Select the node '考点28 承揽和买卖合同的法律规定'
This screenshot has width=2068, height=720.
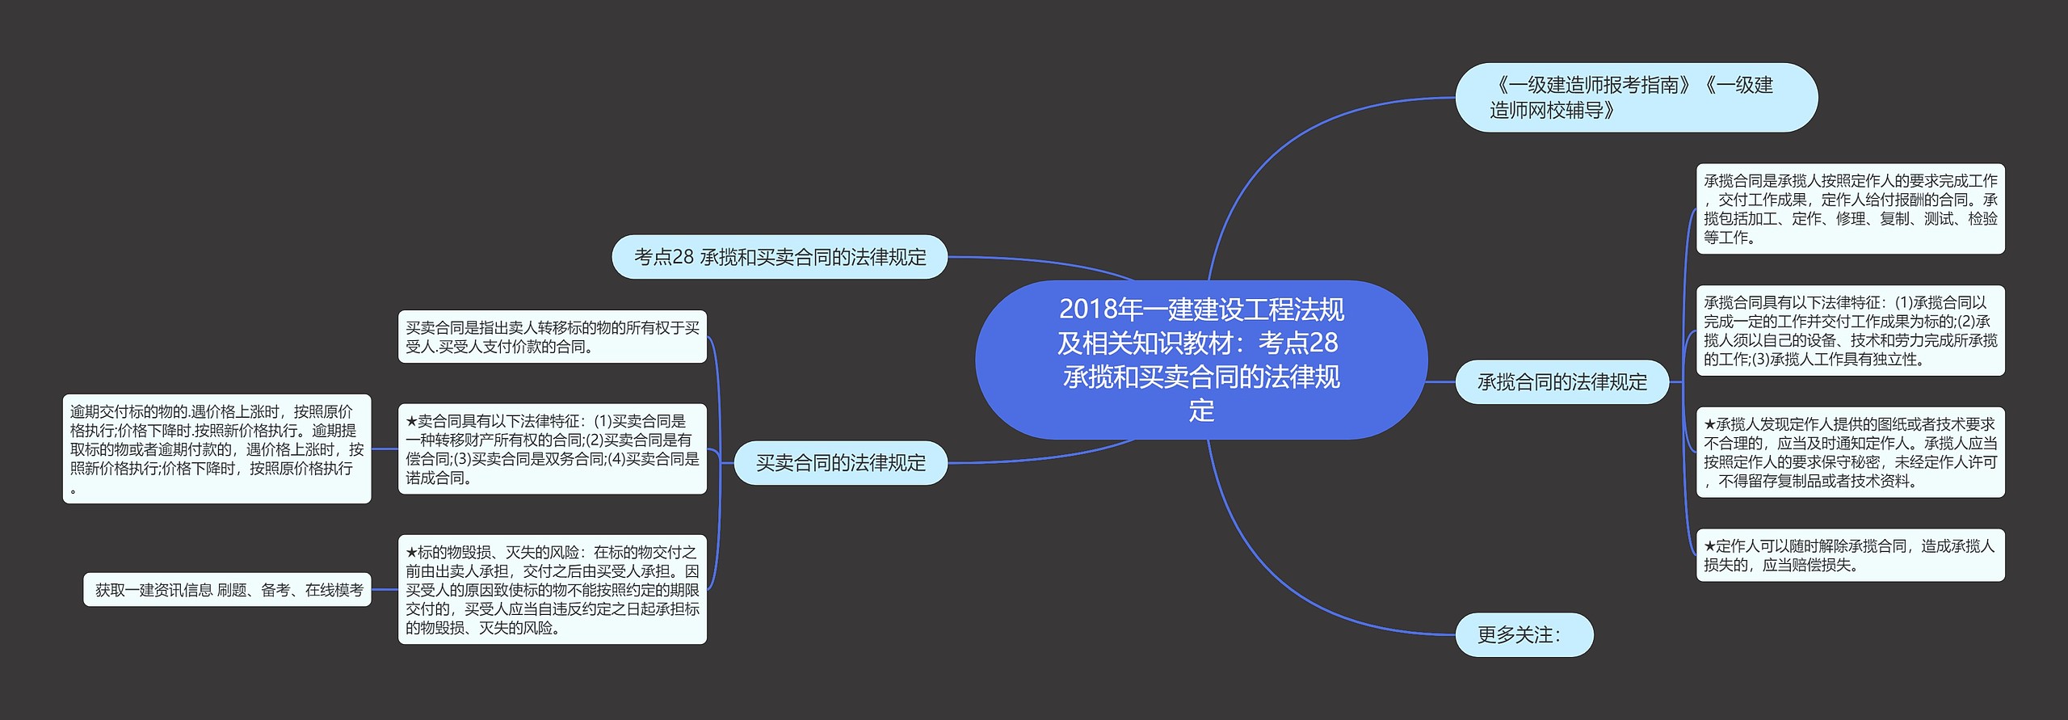[x=780, y=257]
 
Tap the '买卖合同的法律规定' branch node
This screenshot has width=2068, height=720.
[x=840, y=463]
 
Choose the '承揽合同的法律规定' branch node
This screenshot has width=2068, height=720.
[x=1562, y=382]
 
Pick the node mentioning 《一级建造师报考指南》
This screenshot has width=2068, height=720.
[x=1636, y=98]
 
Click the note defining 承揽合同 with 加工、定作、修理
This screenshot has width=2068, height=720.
[x=1850, y=208]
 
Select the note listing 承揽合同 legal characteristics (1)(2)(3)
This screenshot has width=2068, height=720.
[x=1850, y=331]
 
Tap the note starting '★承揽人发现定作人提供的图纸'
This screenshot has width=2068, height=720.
[x=1850, y=453]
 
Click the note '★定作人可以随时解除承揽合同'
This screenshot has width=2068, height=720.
[x=1850, y=555]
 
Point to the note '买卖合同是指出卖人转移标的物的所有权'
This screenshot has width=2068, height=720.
[x=552, y=337]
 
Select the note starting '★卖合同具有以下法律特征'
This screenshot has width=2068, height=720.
[x=552, y=449]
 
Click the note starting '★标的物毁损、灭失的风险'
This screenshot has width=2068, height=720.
[x=552, y=590]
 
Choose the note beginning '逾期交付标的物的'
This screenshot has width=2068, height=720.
[x=216, y=449]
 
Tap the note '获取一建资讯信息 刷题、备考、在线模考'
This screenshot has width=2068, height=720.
[x=228, y=590]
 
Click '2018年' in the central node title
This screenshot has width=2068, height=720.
[x=1087, y=309]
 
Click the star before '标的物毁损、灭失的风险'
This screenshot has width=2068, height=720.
[x=411, y=553]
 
